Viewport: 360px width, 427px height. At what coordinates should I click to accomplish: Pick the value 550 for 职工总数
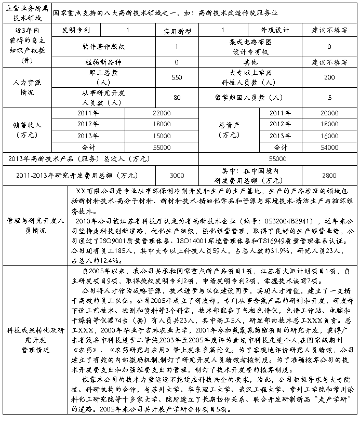(177, 77)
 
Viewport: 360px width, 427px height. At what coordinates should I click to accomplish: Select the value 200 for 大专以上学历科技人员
(329, 77)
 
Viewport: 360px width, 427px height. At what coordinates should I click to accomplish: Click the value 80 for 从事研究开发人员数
(177, 97)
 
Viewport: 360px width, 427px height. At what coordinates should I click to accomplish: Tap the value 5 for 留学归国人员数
(329, 97)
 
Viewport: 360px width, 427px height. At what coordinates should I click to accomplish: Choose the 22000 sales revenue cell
(161, 113)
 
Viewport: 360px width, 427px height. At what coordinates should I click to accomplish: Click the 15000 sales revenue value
(161, 136)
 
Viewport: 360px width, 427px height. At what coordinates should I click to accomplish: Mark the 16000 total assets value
(329, 136)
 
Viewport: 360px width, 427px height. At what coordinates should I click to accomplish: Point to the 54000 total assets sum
(329, 147)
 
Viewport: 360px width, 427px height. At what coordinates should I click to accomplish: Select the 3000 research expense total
(177, 175)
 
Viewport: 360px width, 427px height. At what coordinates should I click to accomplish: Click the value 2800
(329, 175)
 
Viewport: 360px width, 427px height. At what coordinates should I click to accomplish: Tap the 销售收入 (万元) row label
(28, 130)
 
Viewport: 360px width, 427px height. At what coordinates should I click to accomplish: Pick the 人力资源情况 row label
(28, 87)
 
